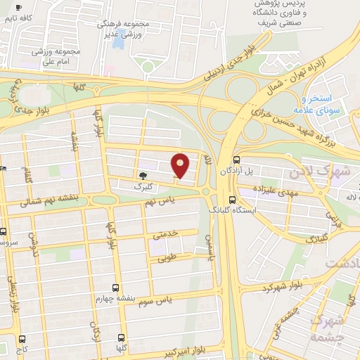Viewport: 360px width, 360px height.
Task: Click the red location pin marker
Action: pyautogui.click(x=181, y=165)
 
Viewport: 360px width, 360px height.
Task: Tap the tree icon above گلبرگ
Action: pyautogui.click(x=143, y=176)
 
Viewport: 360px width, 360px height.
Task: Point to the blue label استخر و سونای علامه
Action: pyautogui.click(x=323, y=105)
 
